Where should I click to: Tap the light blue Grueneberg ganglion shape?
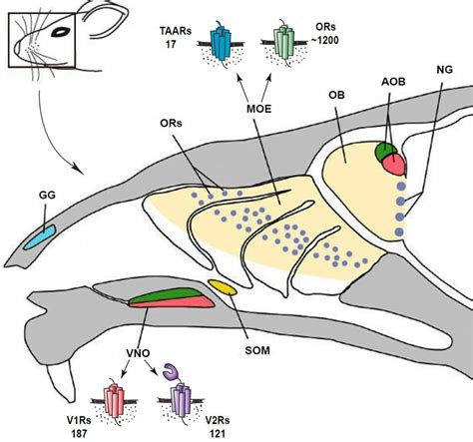(41, 237)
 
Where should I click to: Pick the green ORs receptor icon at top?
(289, 45)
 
